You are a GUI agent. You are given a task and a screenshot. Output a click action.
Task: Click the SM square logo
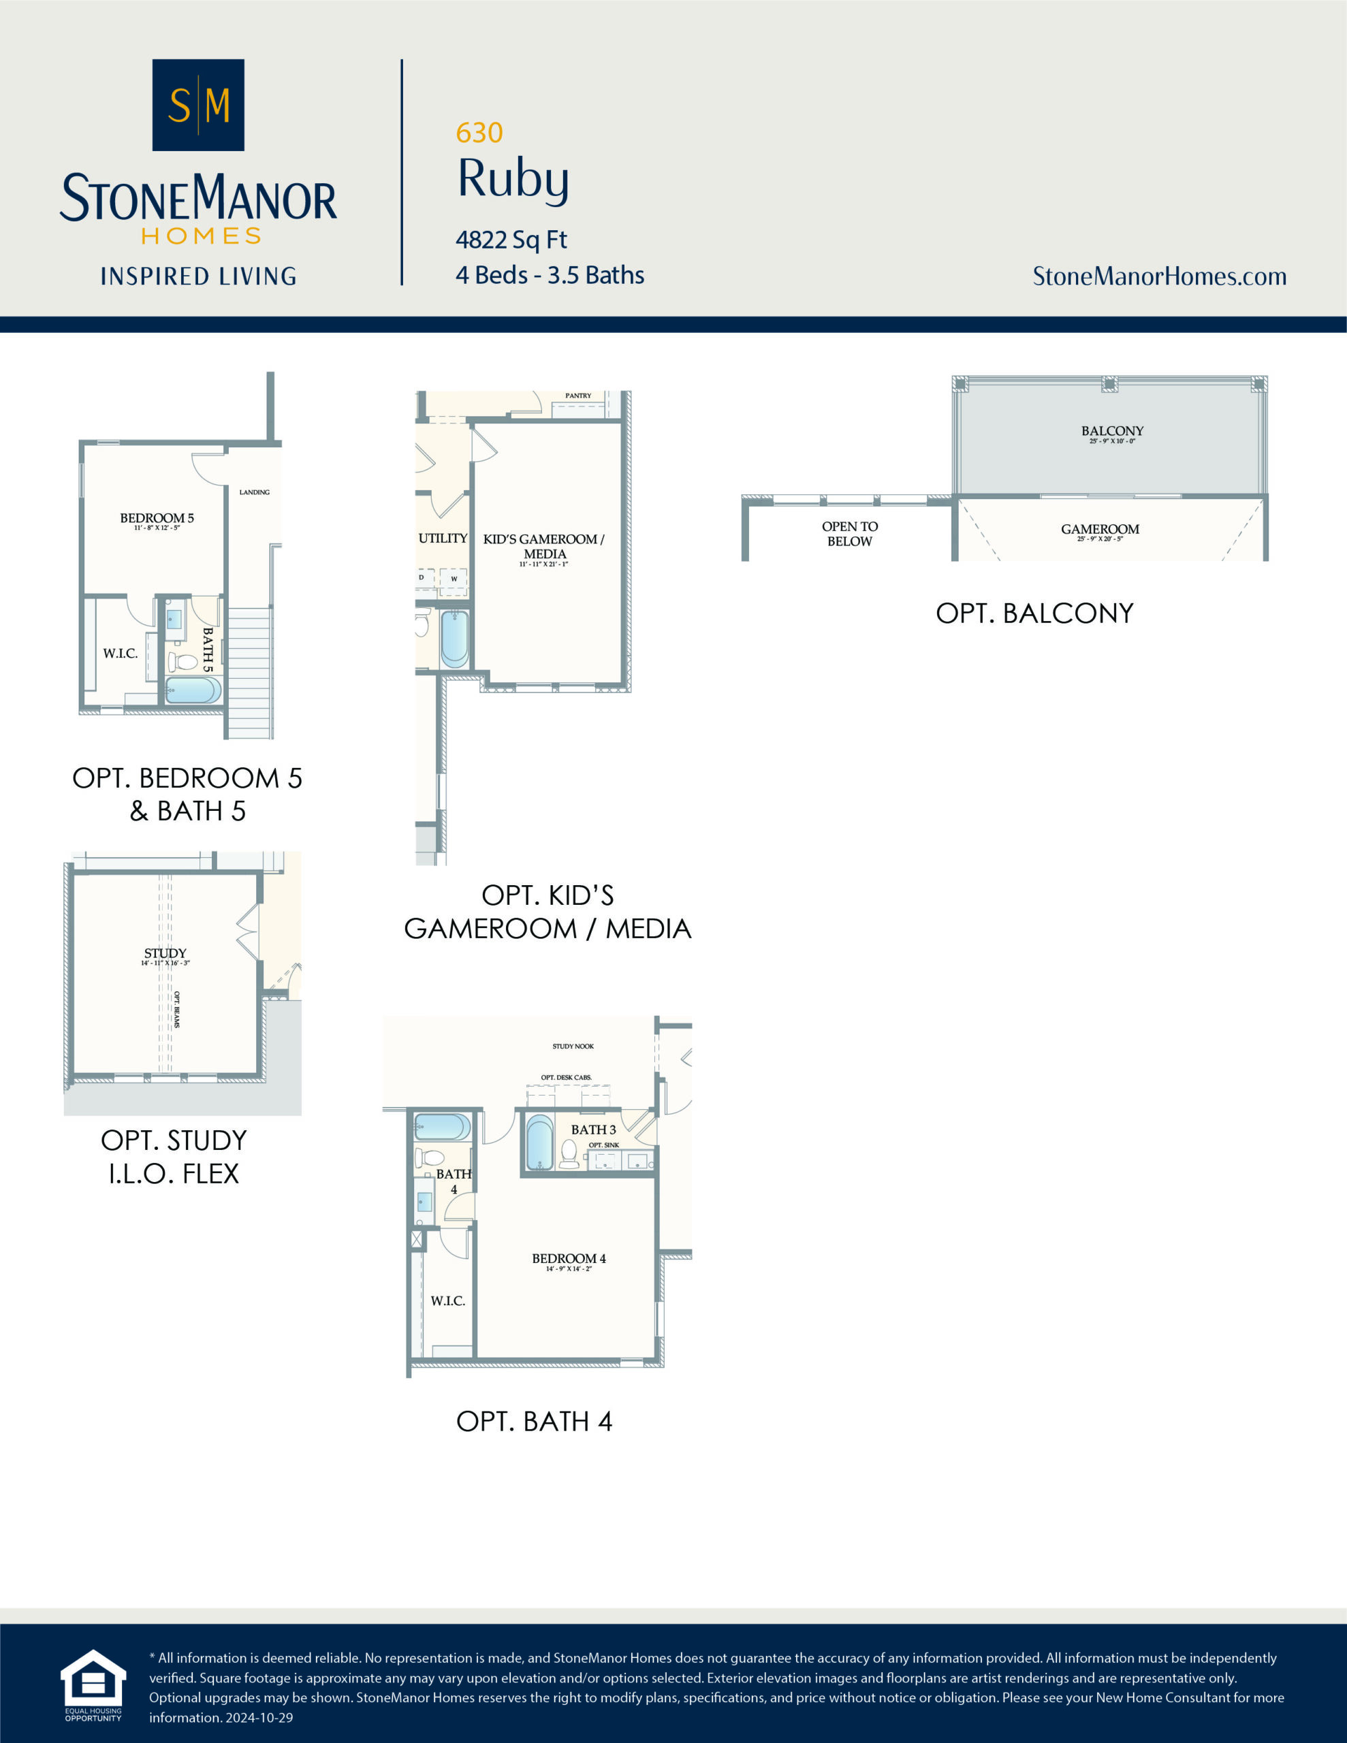point(198,105)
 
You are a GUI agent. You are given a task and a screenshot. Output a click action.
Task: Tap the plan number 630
point(479,133)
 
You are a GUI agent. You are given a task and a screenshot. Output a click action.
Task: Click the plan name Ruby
point(513,179)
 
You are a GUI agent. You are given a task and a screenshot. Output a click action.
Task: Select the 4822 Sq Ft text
point(511,240)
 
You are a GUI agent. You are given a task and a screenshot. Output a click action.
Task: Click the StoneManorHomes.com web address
point(1159,276)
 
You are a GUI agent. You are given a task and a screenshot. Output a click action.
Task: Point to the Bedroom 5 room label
point(157,519)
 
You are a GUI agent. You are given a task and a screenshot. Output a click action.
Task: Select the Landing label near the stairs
point(254,492)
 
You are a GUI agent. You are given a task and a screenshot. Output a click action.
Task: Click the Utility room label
point(443,539)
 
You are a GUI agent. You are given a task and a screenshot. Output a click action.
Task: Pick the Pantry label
point(578,396)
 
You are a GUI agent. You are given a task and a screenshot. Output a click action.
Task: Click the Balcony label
point(1112,431)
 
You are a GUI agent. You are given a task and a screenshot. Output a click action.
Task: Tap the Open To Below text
point(850,534)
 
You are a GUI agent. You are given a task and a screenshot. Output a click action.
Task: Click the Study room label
point(165,953)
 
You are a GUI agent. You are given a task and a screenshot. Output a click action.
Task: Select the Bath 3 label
point(593,1130)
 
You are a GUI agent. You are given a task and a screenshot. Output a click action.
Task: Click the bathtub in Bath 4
point(441,1128)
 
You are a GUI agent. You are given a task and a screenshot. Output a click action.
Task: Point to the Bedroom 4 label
point(569,1258)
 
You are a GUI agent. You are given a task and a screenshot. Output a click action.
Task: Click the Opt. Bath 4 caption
point(533,1422)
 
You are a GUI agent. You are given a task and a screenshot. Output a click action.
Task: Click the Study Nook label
point(573,1046)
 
